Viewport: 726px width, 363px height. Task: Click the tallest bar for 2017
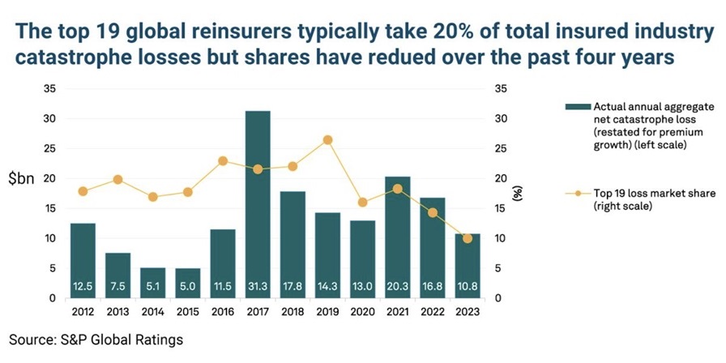point(258,203)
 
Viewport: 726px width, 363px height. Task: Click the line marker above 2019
point(327,140)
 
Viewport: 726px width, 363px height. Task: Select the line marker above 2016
point(223,160)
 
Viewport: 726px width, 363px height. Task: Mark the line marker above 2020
point(362,203)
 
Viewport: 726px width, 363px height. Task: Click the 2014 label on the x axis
point(152,311)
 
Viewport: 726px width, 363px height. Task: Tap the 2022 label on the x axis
point(433,311)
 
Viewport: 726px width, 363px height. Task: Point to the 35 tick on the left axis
point(50,88)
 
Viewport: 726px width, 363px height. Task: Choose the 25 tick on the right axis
point(500,148)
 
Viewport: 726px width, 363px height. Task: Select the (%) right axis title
point(518,193)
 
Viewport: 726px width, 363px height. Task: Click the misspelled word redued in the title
point(381,60)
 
